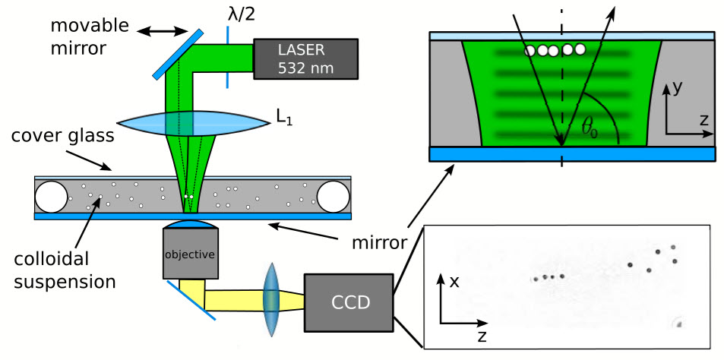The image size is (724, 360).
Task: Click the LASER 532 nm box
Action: click(305, 58)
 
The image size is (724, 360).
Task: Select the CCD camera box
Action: click(349, 302)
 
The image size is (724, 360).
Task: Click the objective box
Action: click(190, 254)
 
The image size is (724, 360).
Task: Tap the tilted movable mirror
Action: click(178, 54)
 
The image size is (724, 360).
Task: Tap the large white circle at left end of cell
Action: click(52, 197)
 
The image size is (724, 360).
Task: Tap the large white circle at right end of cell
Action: click(333, 197)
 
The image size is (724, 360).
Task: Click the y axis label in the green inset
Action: click(678, 90)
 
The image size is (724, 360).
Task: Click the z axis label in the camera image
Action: click(482, 337)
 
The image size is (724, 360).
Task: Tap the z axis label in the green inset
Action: click(703, 121)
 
